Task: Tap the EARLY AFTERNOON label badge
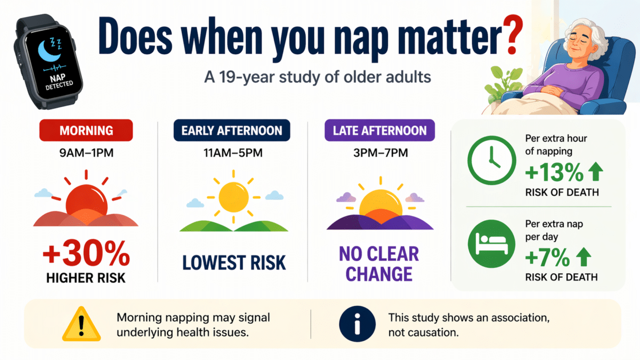(232, 131)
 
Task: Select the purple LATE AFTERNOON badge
(380, 131)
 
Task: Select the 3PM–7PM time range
(380, 154)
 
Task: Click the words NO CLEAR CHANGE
(380, 263)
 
